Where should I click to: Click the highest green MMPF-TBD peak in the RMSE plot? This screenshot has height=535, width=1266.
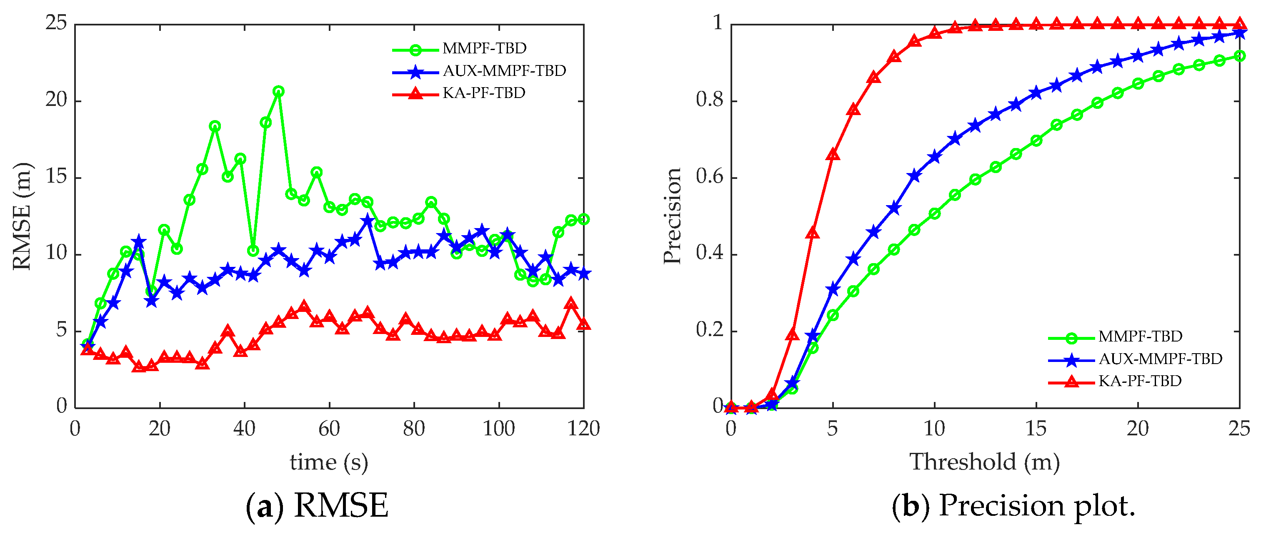pos(278,91)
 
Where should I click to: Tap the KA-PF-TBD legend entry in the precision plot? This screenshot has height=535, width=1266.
pos(1139,381)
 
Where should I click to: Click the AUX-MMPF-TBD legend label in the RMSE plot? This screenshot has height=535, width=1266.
pos(504,71)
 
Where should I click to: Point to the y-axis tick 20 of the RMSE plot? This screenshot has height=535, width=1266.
pos(56,100)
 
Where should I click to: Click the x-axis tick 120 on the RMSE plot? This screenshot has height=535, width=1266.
pos(583,429)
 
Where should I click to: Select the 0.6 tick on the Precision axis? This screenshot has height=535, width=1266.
pos(709,177)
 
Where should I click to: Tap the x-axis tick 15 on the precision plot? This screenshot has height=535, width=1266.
pos(1036,429)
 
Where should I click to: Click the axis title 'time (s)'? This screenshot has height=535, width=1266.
pos(328,462)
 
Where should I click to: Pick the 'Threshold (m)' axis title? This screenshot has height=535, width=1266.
pos(984,462)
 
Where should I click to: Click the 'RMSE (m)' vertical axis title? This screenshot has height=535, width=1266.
pos(22,216)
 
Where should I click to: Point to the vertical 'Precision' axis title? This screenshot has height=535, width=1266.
pos(672,216)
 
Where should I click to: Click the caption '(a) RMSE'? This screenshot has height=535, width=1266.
pos(317,505)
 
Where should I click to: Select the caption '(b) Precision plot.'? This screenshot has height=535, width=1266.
pos(1013,505)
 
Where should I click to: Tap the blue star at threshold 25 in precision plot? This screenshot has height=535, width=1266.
pos(1239,33)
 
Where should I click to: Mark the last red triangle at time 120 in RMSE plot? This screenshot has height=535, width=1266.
pos(583,324)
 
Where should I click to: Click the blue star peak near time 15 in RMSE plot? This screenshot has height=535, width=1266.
pos(139,241)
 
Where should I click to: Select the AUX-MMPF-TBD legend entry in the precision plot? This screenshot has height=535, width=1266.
pos(1160,359)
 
